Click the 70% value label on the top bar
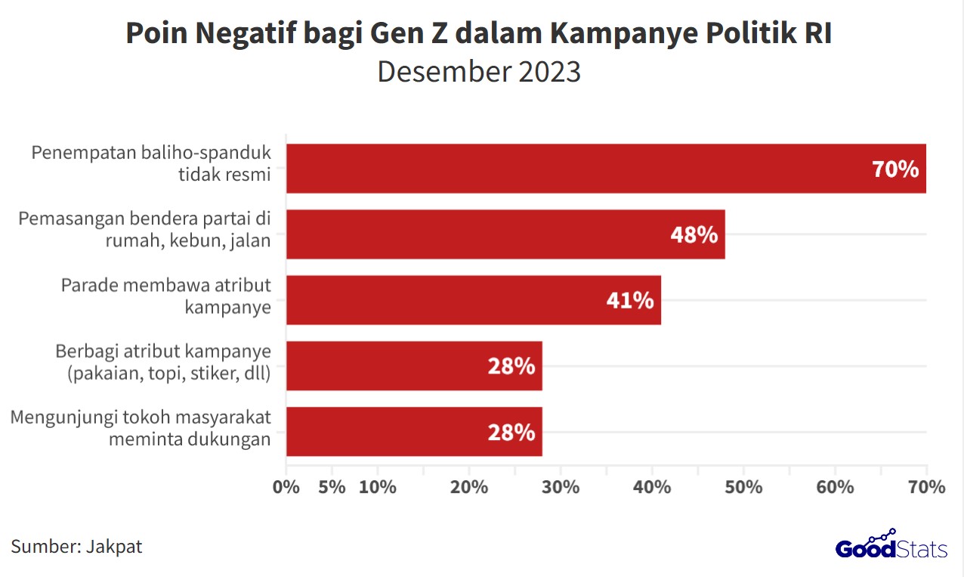click(x=895, y=169)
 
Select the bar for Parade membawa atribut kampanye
click(x=474, y=300)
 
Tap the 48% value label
click(x=694, y=234)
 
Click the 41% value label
click(x=629, y=300)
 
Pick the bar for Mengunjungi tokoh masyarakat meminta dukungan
click(x=414, y=432)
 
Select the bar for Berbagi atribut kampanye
click(x=414, y=366)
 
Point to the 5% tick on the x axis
click(x=332, y=487)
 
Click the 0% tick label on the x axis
click(x=286, y=487)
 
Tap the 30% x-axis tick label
click(x=561, y=487)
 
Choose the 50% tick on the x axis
click(x=743, y=487)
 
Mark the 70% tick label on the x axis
click(x=926, y=487)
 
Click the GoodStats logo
click(x=891, y=545)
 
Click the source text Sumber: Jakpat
click(x=76, y=546)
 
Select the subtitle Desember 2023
click(x=479, y=72)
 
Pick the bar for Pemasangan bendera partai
click(x=505, y=234)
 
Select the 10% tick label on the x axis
click(x=378, y=487)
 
